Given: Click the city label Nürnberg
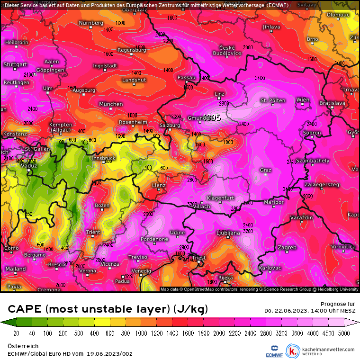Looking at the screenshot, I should point(91,23).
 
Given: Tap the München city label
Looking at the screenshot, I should point(111,104).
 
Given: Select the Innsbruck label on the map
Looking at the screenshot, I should point(104,158).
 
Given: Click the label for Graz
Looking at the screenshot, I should point(265,170).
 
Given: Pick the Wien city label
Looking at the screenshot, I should point(303,99).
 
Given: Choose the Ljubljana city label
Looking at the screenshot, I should point(228,233).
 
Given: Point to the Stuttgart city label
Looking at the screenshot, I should point(15,64).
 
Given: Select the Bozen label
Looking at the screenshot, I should point(102,205).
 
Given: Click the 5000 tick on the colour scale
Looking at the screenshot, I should point(344,333).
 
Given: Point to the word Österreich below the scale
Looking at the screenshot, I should point(22,346).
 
